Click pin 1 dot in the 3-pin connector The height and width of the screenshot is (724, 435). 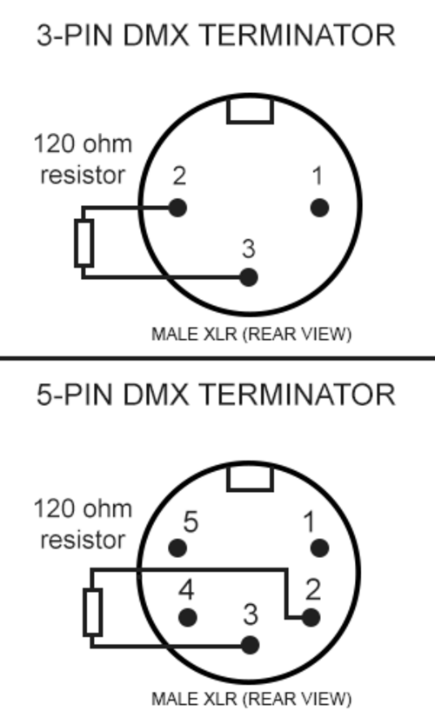click(319, 208)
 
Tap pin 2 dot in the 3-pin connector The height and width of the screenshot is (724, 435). click(177, 208)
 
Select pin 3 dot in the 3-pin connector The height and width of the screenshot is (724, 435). click(249, 277)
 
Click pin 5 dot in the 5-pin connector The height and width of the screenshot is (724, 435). click(177, 548)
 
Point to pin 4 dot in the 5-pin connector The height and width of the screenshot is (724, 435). click(187, 617)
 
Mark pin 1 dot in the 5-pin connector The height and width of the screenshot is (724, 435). click(319, 548)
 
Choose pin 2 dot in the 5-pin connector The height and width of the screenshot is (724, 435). click(311, 617)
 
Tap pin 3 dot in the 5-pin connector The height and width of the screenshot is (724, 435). click(250, 645)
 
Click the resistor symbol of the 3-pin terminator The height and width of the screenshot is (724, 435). click(84, 243)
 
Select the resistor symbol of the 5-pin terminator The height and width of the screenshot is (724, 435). click(92, 612)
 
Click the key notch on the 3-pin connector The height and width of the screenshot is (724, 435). click(250, 111)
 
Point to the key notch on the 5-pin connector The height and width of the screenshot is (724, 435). click(250, 478)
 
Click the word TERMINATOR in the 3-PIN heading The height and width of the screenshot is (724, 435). click(299, 36)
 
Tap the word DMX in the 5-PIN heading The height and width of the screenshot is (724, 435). click(156, 395)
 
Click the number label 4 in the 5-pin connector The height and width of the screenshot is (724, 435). click(186, 589)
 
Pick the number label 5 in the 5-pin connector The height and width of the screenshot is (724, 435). click(191, 521)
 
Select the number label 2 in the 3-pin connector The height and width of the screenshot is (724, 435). click(179, 176)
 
